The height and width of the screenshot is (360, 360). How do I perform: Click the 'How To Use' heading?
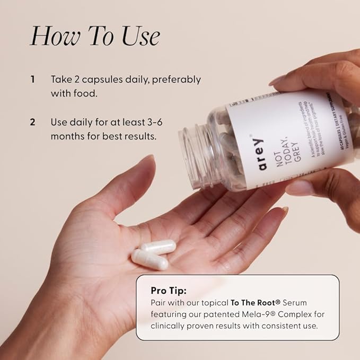pyautogui.click(x=94, y=36)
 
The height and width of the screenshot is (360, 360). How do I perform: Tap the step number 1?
pyautogui.click(x=33, y=80)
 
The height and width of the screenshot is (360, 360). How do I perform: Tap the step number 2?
pyautogui.click(x=33, y=122)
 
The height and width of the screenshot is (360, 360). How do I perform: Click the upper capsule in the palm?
pyautogui.click(x=158, y=246)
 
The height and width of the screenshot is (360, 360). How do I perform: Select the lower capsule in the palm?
pyautogui.click(x=150, y=259)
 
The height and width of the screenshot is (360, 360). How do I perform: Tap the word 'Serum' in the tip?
pyautogui.click(x=296, y=302)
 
